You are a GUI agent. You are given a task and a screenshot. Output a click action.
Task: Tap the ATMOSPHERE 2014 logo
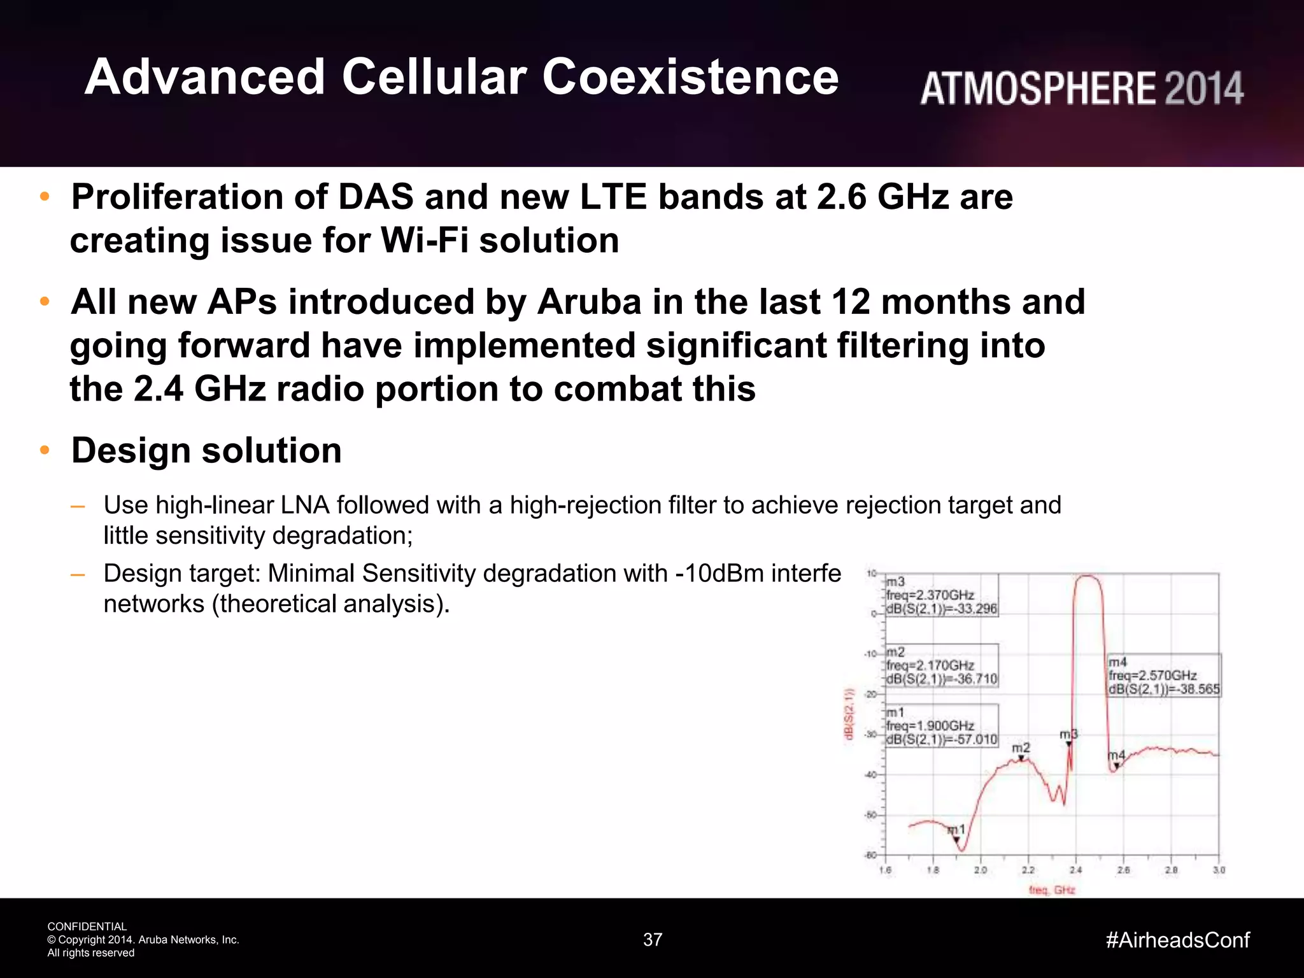coord(1081,89)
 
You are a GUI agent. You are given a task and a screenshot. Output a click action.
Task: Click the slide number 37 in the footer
coord(653,940)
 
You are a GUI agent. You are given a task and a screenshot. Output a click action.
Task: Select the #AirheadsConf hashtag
coord(1177,940)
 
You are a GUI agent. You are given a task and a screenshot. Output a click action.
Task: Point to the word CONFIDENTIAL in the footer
coord(87,926)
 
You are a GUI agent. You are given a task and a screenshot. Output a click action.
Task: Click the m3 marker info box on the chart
coord(942,595)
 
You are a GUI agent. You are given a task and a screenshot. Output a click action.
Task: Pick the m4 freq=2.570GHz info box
coord(1164,676)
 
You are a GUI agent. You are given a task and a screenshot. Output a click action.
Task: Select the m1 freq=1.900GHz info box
coord(942,726)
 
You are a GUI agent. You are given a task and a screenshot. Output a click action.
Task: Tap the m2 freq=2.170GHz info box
coord(942,666)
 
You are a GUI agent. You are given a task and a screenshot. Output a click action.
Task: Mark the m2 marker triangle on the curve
coord(1021,758)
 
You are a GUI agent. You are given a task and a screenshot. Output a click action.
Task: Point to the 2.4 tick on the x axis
coord(1075,870)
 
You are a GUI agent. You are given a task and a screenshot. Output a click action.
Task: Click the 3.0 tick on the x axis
coord(1219,870)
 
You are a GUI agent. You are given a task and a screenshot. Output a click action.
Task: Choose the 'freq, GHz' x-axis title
coord(1052,890)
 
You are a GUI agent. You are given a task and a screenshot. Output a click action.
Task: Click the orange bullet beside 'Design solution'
coord(45,450)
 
